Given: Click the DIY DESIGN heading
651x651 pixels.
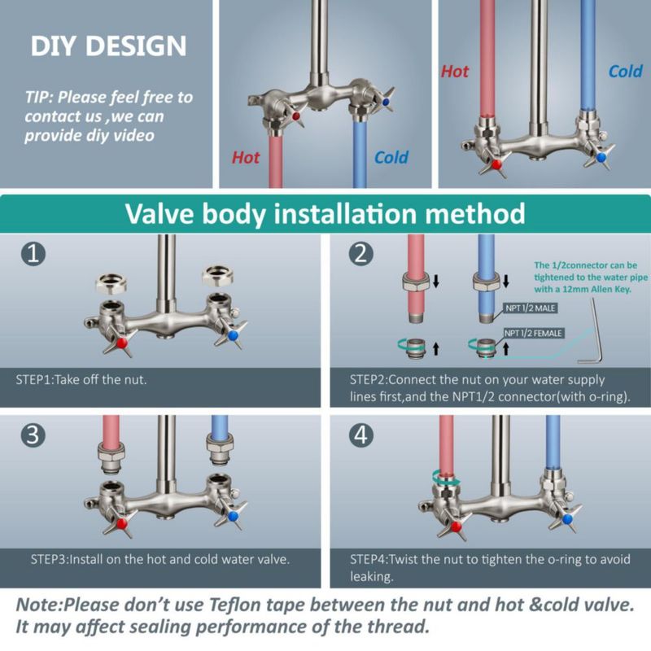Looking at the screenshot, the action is click(108, 46).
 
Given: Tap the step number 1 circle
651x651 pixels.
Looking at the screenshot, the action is click(33, 253).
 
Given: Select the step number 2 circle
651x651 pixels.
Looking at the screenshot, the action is click(360, 253).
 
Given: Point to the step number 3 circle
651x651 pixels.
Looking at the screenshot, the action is click(33, 435).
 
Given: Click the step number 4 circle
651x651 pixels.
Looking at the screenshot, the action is click(360, 435).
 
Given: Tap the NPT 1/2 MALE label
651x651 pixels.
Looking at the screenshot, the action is click(531, 308).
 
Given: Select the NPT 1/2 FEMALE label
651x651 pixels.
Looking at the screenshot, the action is click(534, 333).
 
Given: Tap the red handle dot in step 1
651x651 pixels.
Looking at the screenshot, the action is click(122, 343).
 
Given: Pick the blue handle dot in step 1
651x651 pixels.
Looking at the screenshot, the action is click(233, 335).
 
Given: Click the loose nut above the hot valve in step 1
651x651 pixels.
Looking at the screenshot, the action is click(111, 284).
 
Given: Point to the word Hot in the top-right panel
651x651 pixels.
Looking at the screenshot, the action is click(455, 72).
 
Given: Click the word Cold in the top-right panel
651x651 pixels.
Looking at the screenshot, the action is click(625, 72).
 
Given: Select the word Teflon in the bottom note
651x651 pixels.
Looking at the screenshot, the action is click(234, 605).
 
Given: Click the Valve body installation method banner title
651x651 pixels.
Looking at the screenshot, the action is click(325, 214).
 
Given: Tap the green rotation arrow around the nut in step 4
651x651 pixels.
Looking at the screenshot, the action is click(446, 478).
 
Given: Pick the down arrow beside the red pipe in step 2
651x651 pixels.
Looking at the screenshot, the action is click(436, 281).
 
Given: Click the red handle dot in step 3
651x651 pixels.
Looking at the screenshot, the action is click(122, 523).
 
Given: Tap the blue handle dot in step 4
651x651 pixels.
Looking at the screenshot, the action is click(567, 519).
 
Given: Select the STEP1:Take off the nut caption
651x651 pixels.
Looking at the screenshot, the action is click(81, 379).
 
